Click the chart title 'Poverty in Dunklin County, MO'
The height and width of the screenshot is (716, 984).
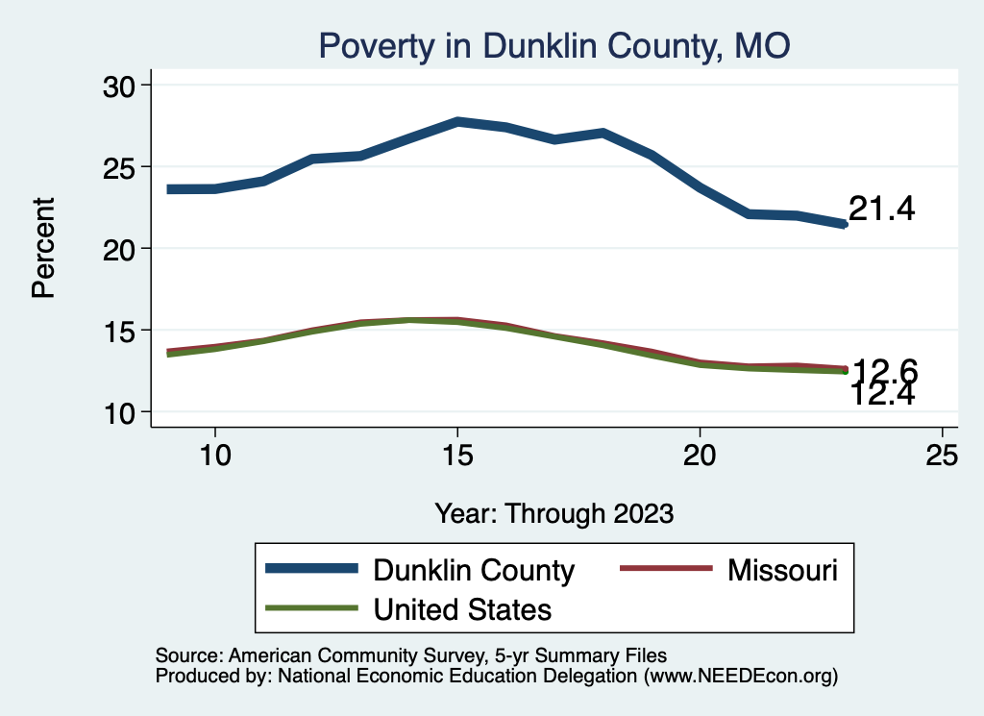coord(553,45)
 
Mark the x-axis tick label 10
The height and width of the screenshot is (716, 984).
coord(214,457)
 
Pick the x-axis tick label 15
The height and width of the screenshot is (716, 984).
coord(457,457)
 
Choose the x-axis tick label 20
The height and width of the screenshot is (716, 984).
coord(700,457)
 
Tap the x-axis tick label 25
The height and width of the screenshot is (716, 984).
coord(943,457)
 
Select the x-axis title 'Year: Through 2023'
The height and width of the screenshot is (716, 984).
coord(553,512)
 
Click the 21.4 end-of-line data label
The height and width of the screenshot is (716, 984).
coord(882,208)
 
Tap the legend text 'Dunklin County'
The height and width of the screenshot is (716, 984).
coord(474,570)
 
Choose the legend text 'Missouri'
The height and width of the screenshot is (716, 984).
coord(783,570)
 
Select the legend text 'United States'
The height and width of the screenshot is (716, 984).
coord(462,608)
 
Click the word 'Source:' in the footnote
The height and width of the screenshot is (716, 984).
coord(188,655)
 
